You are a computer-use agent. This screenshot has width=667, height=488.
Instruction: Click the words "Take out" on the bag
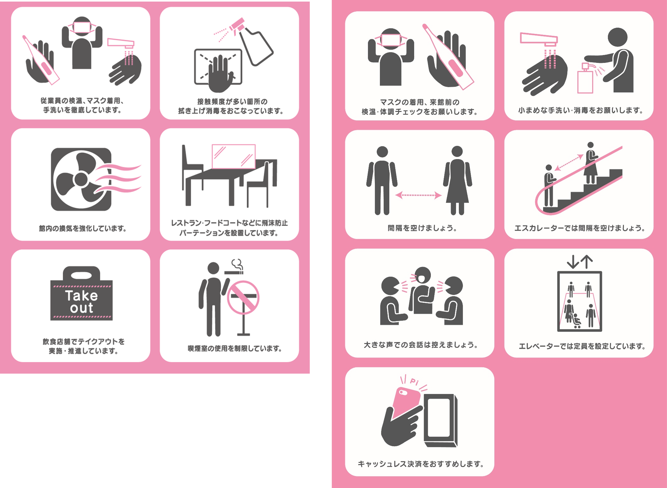click(x=81, y=302)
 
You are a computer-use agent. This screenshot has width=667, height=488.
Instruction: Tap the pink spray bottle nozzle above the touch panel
click(x=236, y=25)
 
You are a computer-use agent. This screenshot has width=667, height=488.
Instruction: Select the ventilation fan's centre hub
click(x=81, y=179)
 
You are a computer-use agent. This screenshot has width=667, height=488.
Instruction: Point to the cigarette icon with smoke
click(x=234, y=267)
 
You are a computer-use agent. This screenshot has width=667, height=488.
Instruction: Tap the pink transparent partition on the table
click(x=234, y=156)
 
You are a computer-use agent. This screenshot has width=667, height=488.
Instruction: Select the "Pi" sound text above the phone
click(x=414, y=381)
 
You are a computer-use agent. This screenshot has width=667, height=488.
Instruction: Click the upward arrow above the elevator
click(x=586, y=262)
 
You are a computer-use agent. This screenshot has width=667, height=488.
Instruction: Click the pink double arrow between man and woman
click(x=419, y=195)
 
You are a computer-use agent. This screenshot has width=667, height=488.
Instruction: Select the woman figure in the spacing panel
click(x=458, y=180)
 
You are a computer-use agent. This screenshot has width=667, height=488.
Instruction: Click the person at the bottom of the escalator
click(x=549, y=185)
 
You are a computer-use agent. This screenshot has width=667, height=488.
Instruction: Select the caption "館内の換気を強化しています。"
click(x=82, y=228)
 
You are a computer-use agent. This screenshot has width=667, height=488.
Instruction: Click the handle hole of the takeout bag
click(x=81, y=276)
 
